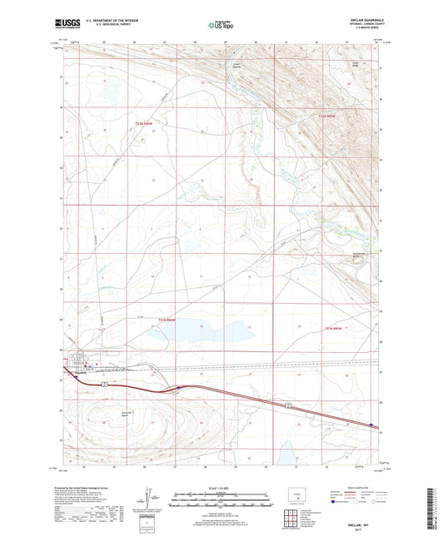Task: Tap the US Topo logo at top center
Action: (219, 26)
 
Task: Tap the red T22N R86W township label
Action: (146, 124)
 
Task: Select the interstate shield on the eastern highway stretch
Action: (287, 404)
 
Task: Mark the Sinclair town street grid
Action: (81, 365)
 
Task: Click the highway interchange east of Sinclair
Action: (177, 388)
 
